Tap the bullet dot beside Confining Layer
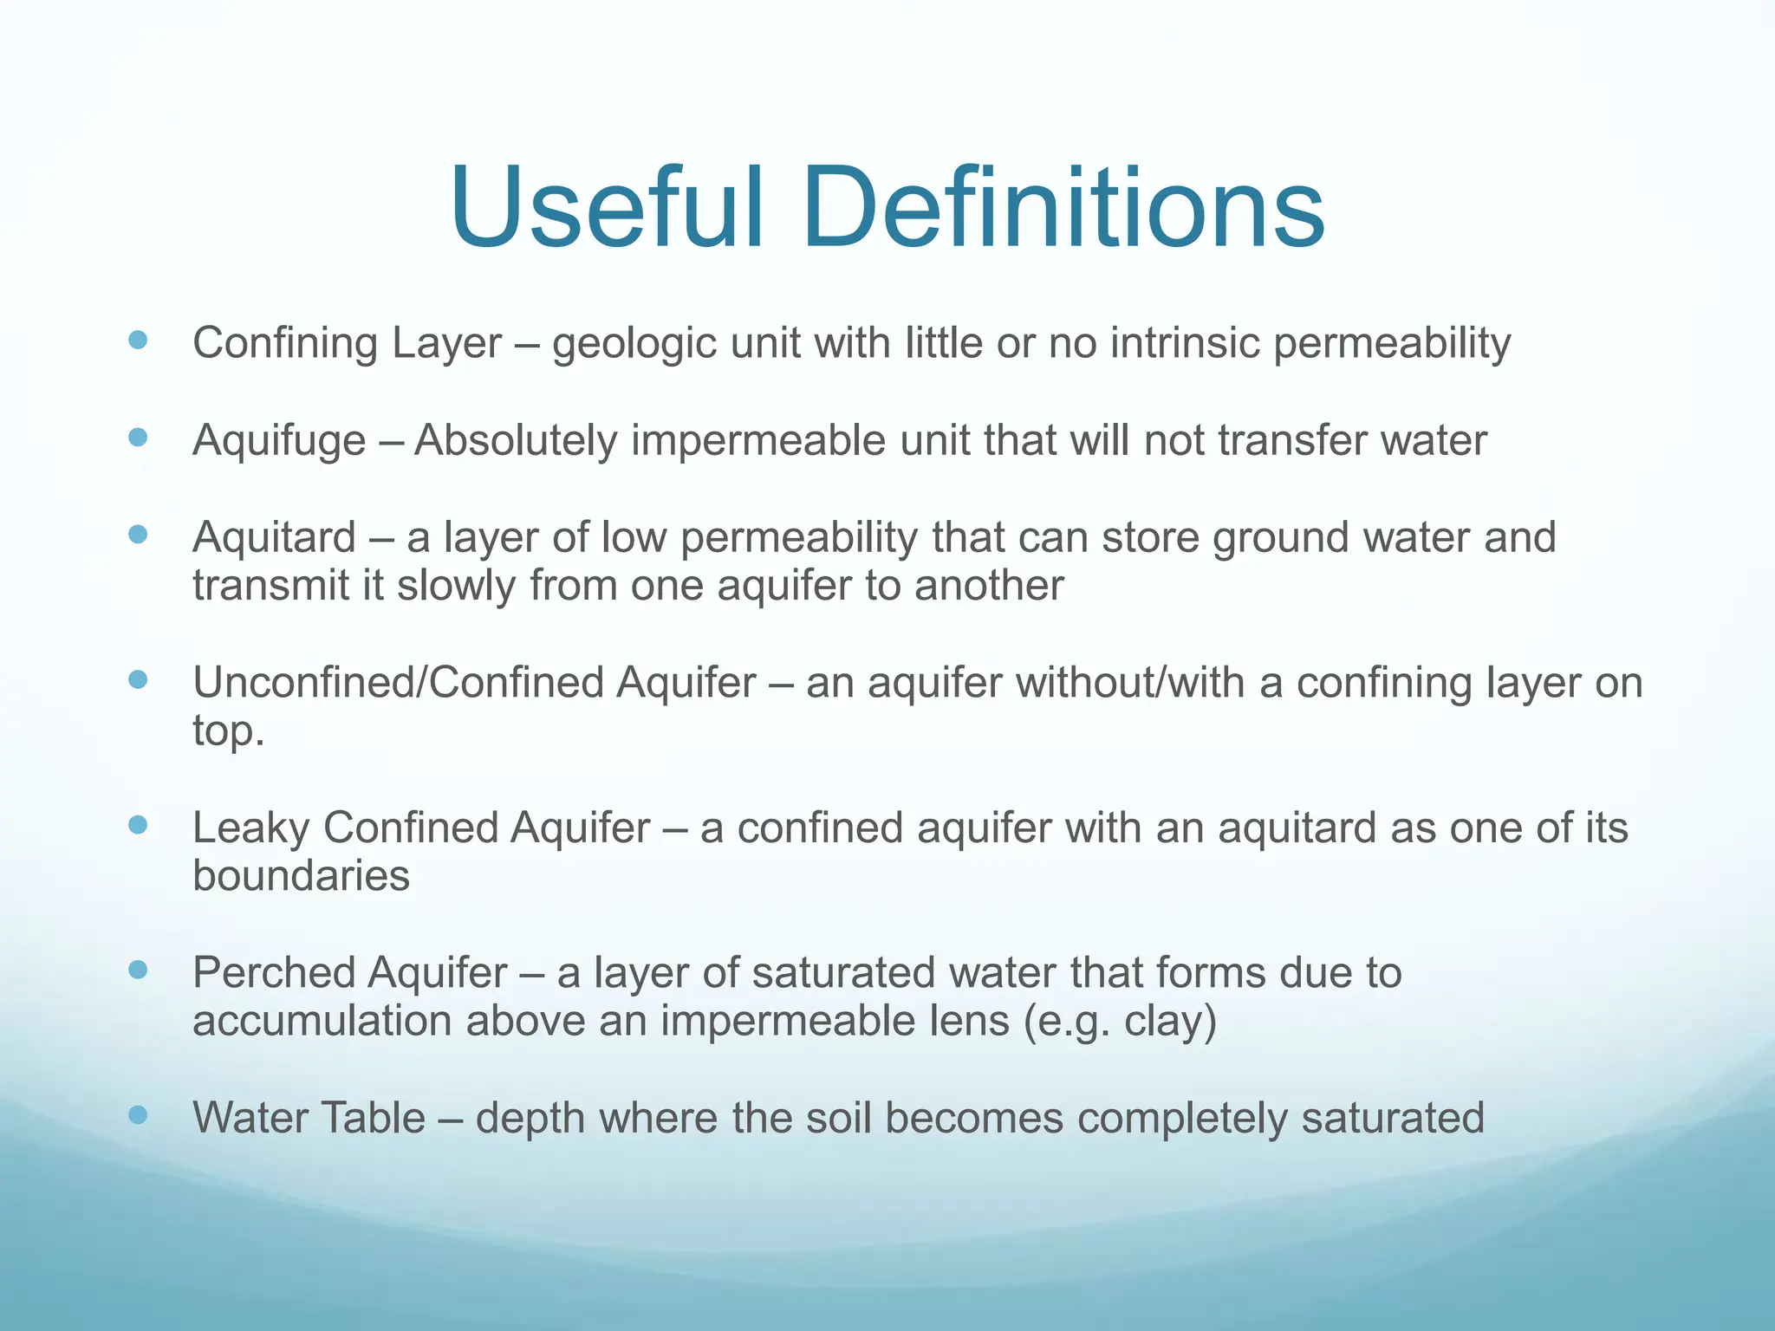[x=137, y=340]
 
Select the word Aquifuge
[x=279, y=441]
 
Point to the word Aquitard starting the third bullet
[x=274, y=537]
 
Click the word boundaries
[x=301, y=875]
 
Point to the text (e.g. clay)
[x=1120, y=1021]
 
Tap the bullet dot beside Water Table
[x=137, y=1114]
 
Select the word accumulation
[x=322, y=1021]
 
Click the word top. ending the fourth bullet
[x=228, y=731]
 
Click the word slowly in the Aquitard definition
[x=456, y=586]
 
